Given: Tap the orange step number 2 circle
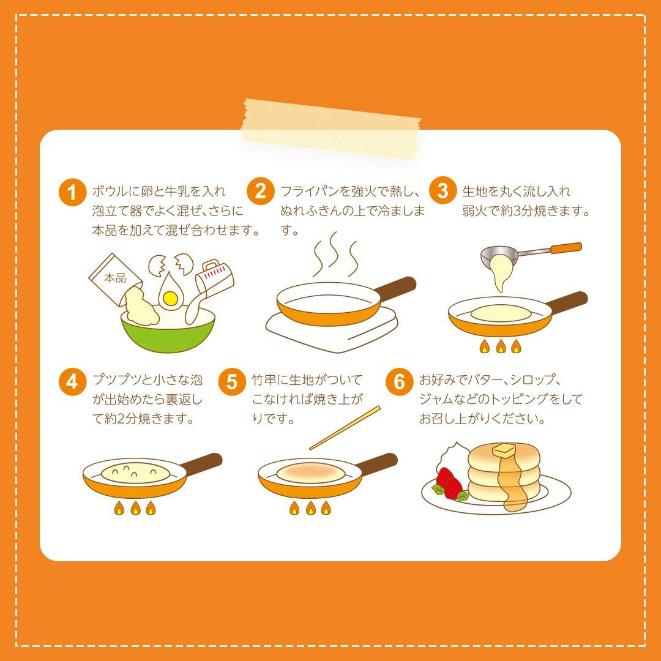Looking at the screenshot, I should coord(261,192).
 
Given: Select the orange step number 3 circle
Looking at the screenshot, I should coord(443,191).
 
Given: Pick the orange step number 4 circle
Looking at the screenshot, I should coord(73,382).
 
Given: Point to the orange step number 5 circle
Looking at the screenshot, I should coord(232,382).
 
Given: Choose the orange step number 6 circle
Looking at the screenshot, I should coord(399,382).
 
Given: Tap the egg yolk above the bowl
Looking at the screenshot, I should coord(170,298).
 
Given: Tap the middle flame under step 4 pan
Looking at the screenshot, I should coord(135,507).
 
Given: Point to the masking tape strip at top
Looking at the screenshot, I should coord(331,127).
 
